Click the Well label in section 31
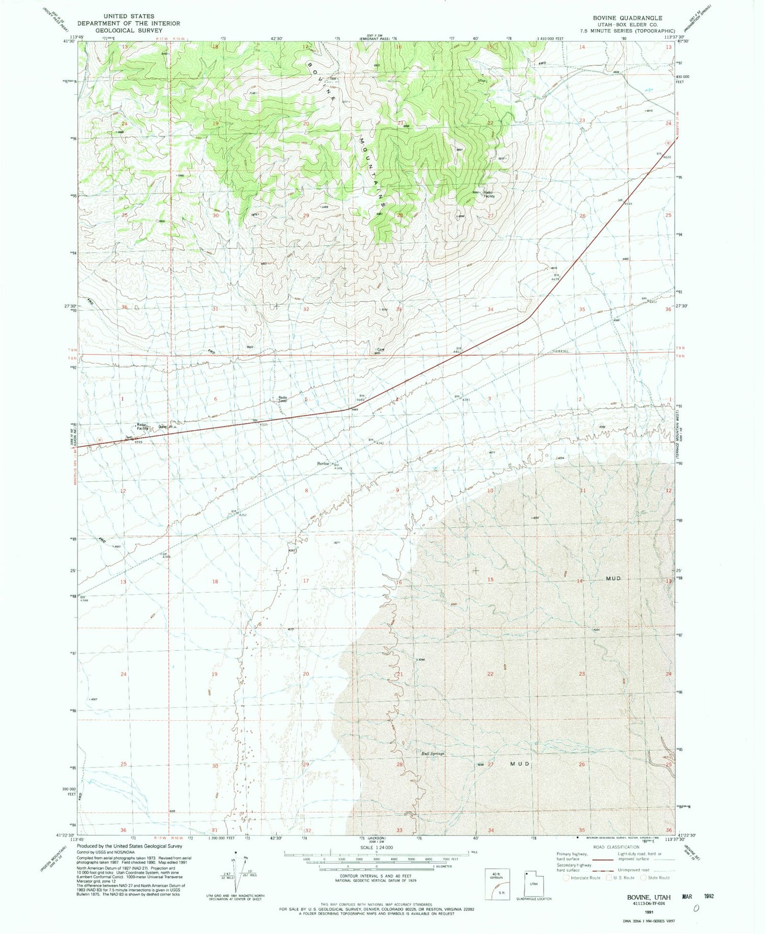tap(250, 347)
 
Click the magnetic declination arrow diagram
tap(236, 870)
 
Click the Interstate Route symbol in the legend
tap(566, 878)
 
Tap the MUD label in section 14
tap(613, 578)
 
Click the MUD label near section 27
tap(520, 764)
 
